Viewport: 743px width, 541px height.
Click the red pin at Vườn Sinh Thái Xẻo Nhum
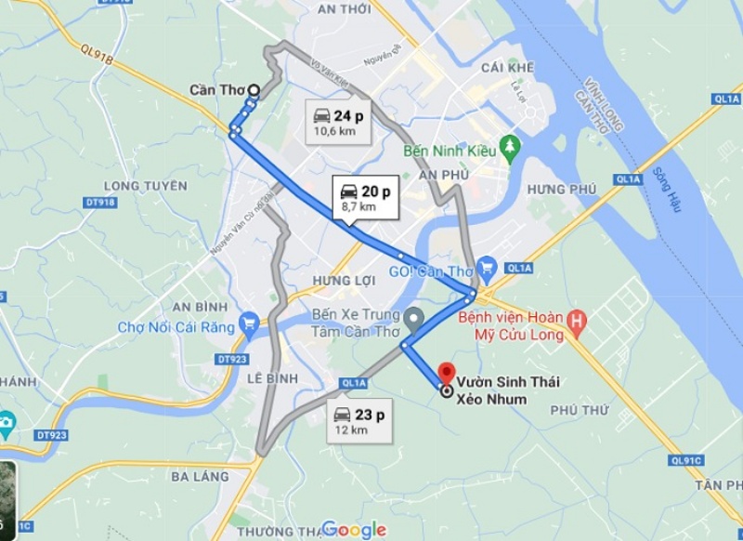click(445, 374)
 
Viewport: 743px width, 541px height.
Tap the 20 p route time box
click(365, 197)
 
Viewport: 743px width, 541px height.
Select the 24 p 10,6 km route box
click(340, 122)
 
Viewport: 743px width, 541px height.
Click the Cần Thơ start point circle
click(254, 90)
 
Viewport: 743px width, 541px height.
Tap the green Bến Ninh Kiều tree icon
click(509, 147)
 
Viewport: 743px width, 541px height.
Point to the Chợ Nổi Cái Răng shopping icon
click(248, 324)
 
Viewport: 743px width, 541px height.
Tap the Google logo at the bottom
click(354, 530)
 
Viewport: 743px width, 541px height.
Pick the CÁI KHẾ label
click(507, 68)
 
